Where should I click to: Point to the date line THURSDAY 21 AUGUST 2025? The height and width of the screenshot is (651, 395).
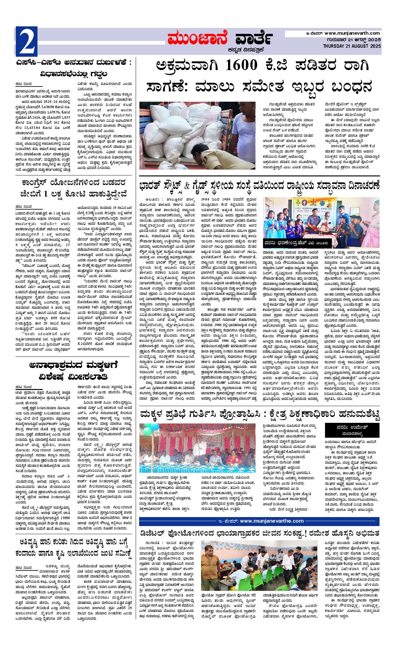coord(352,46)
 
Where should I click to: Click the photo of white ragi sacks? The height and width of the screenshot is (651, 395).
coord(197,135)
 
